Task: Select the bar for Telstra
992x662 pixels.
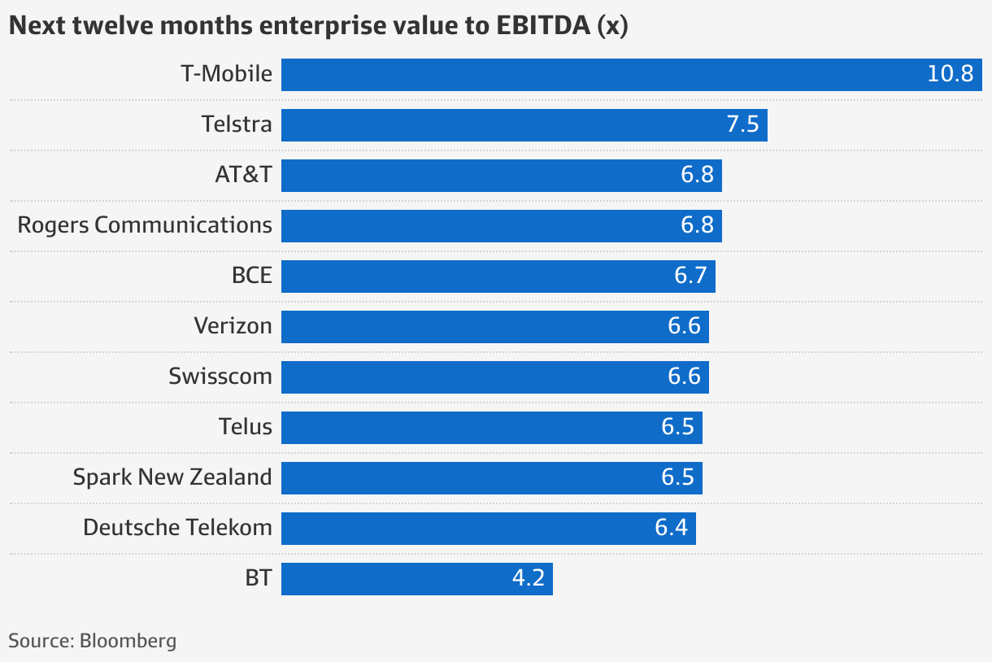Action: (x=524, y=125)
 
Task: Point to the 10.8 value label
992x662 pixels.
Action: (x=950, y=75)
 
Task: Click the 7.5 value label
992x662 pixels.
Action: (x=742, y=125)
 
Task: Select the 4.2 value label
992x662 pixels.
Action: (x=528, y=579)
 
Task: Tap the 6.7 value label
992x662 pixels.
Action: (x=690, y=277)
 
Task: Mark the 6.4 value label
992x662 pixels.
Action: (x=671, y=529)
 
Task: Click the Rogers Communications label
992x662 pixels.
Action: (x=145, y=225)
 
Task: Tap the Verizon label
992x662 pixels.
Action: (x=233, y=326)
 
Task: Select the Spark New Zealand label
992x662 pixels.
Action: (x=172, y=477)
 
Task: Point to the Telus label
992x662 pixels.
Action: (x=245, y=427)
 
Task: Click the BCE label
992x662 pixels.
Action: (x=251, y=276)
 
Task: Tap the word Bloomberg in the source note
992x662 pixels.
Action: (x=128, y=641)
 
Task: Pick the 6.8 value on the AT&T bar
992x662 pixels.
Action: (x=697, y=176)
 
